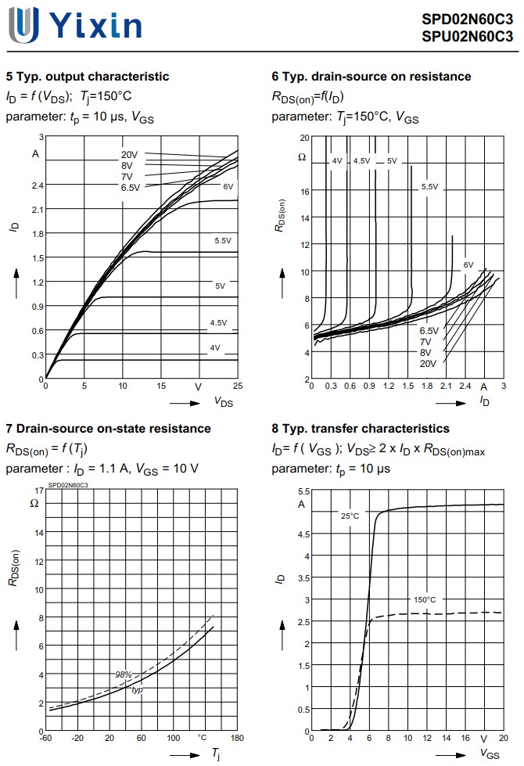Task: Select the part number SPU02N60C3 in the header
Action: coord(468,36)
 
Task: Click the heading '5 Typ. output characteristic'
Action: coord(87,77)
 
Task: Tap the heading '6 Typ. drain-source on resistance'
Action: coord(371,77)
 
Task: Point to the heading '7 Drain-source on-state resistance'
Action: coord(108,429)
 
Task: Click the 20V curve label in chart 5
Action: coord(128,154)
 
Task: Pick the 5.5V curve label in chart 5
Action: coord(223,240)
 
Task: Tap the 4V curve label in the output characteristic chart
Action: coord(215,347)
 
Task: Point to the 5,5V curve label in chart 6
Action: coord(429,187)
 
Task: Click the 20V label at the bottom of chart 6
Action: coord(428,364)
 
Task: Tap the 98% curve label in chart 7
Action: coord(123,674)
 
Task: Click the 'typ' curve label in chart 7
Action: coord(137,689)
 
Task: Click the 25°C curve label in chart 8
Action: coord(350,516)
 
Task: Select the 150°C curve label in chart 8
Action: coord(425,600)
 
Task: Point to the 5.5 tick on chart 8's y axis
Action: coord(304,491)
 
